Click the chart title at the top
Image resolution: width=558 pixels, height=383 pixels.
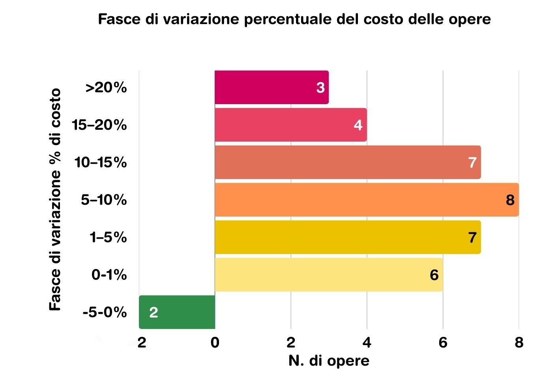pyautogui.click(x=294, y=19)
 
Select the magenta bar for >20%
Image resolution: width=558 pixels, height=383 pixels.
pyautogui.click(x=272, y=88)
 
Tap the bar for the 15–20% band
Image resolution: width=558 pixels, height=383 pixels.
pyautogui.click(x=290, y=125)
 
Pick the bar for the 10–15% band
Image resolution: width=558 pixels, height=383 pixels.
pyautogui.click(x=347, y=162)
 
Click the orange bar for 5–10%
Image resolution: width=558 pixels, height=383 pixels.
pyautogui.click(x=366, y=200)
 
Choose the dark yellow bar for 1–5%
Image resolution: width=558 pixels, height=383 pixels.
pyautogui.click(x=347, y=237)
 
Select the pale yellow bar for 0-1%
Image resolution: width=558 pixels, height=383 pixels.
pyautogui.click(x=328, y=275)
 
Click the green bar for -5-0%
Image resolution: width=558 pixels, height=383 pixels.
pyautogui.click(x=177, y=312)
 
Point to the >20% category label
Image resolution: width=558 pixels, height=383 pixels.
pyautogui.click(x=106, y=88)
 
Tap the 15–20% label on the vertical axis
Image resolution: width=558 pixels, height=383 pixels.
pyautogui.click(x=99, y=125)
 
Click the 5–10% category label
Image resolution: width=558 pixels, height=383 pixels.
pyautogui.click(x=104, y=200)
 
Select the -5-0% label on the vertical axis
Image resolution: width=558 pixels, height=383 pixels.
pyautogui.click(x=105, y=312)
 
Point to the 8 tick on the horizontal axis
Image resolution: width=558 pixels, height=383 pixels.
pyautogui.click(x=519, y=342)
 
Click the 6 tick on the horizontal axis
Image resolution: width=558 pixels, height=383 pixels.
pyautogui.click(x=443, y=342)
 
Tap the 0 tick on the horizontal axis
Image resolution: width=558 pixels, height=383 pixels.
pyautogui.click(x=215, y=342)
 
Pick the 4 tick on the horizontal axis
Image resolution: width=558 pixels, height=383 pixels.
pyautogui.click(x=367, y=342)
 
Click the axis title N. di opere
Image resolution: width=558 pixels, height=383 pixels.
pyautogui.click(x=329, y=361)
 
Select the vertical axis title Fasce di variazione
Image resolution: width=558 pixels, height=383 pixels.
pyautogui.click(x=56, y=200)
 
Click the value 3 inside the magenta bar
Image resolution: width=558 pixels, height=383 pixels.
pyautogui.click(x=320, y=88)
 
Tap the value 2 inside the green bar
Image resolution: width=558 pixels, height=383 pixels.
pyautogui.click(x=154, y=312)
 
